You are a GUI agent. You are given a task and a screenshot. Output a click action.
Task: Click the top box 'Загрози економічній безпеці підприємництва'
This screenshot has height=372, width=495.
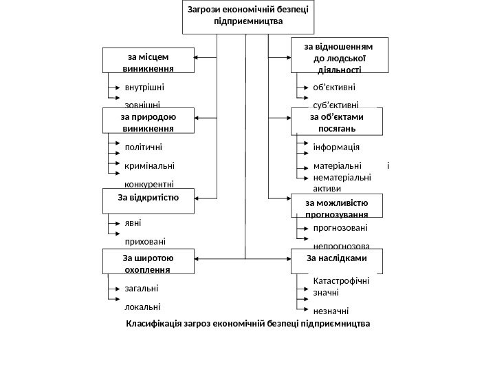click(x=247, y=17)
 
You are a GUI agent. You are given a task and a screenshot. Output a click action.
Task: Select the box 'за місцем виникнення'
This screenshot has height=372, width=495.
click(x=147, y=60)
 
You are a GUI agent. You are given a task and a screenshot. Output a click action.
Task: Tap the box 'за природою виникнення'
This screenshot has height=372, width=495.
click(x=147, y=121)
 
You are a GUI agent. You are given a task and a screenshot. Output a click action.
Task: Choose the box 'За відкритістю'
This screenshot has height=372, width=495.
click(x=147, y=199)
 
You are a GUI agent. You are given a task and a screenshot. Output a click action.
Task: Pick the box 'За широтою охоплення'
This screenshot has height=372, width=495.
click(x=147, y=262)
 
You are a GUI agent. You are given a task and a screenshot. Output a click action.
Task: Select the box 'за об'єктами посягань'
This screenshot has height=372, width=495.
click(x=336, y=121)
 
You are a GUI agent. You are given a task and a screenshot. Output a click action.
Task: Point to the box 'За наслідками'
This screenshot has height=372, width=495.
click(x=336, y=260)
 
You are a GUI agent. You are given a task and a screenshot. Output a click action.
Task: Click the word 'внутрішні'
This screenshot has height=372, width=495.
click(x=145, y=87)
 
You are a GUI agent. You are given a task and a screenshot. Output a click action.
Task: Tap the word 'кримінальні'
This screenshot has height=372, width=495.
click(x=149, y=165)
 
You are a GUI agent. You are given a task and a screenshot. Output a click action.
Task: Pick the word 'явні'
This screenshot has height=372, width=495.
click(x=133, y=223)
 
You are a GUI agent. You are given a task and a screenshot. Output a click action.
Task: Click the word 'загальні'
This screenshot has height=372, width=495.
click(x=142, y=289)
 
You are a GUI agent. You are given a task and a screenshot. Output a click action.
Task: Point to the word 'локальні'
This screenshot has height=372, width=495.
click(x=143, y=307)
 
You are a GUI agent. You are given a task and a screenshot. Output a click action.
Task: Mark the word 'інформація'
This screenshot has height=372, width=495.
click(x=336, y=147)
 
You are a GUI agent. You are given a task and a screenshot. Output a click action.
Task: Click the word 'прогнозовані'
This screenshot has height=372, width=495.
click(x=340, y=227)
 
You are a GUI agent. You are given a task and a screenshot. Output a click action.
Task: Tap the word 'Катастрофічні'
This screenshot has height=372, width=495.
click(x=341, y=281)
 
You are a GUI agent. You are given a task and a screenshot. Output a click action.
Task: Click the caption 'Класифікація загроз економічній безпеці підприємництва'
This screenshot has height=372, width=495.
click(x=247, y=323)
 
